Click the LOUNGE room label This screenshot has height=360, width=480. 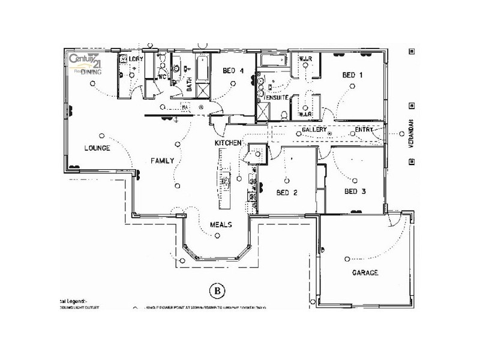pyautogui.click(x=97, y=148)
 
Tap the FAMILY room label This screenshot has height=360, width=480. pyautogui.click(x=162, y=161)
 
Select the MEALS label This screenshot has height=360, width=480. pyautogui.click(x=220, y=224)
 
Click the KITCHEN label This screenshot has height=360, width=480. pyautogui.click(x=228, y=143)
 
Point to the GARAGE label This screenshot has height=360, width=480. pyautogui.click(x=365, y=273)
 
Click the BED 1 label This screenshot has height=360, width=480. pyautogui.click(x=353, y=76)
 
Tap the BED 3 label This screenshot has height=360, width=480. pyautogui.click(x=355, y=191)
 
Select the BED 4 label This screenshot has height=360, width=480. pyautogui.click(x=232, y=71)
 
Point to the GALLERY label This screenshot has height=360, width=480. pyautogui.click(x=314, y=130)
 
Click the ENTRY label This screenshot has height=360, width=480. pyautogui.click(x=364, y=130)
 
